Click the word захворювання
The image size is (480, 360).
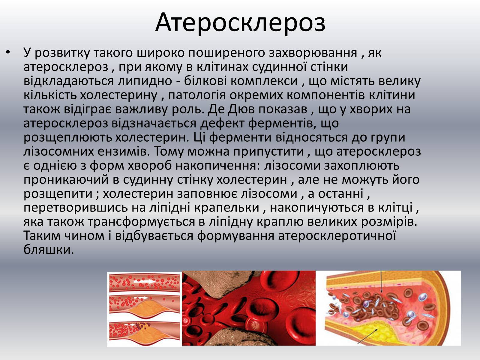coord(313,53)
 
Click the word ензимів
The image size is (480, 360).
coord(124,151)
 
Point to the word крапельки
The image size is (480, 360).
coord(227,207)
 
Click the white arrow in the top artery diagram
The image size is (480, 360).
coord(145,281)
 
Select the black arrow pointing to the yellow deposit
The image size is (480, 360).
coord(367,336)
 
